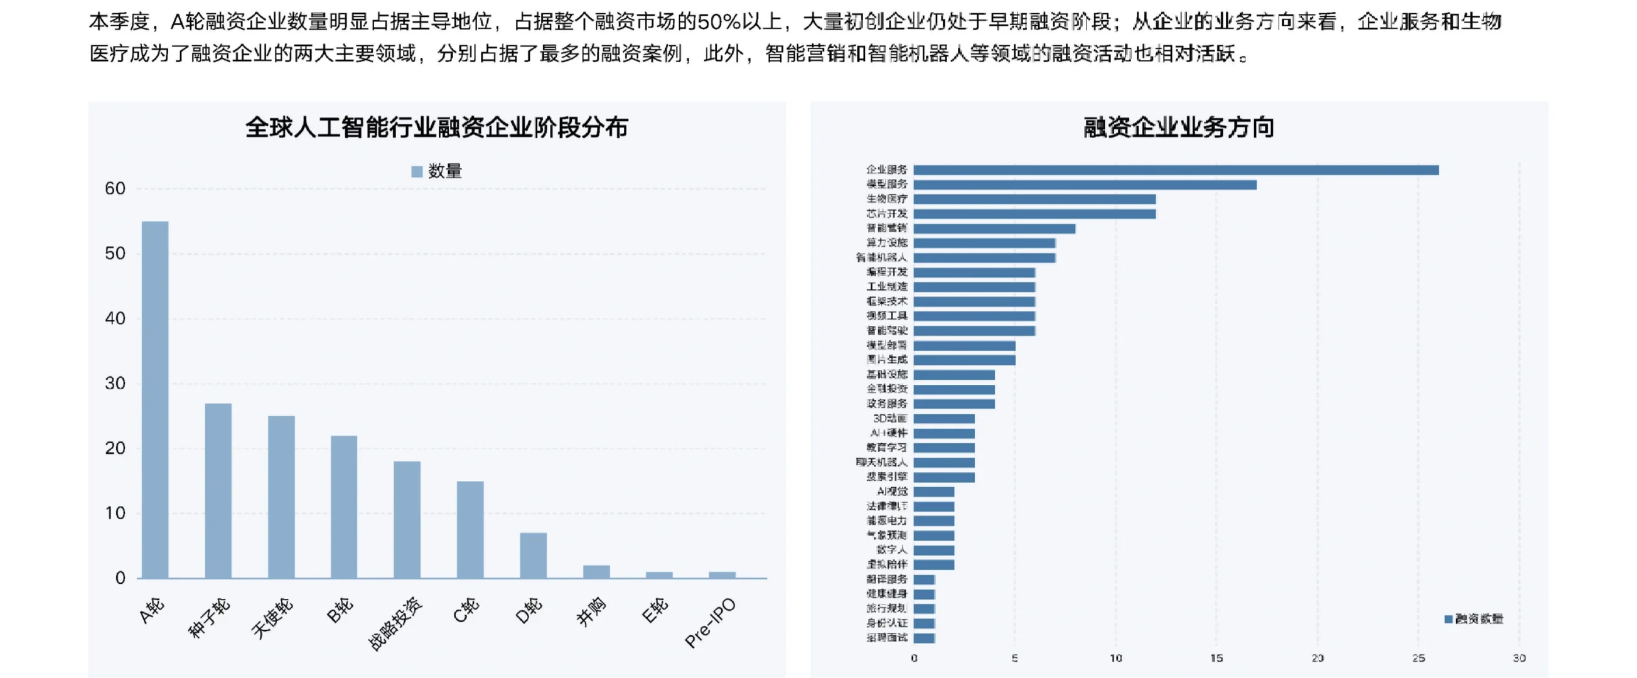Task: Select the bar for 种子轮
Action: coord(218,490)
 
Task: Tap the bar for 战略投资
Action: coord(407,519)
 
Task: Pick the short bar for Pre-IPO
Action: coord(722,574)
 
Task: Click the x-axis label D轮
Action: coord(529,611)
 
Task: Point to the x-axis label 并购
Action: coord(591,613)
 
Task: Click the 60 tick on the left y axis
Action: coord(115,189)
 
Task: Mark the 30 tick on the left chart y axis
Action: coord(115,383)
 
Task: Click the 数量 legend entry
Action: coord(437,171)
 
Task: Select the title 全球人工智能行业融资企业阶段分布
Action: coord(437,127)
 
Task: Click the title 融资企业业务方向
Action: coord(1179,127)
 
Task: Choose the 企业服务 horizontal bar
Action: coord(1176,170)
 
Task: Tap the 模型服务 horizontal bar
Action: coord(1085,185)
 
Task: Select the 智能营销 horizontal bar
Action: coord(994,229)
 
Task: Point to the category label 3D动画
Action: coord(889,419)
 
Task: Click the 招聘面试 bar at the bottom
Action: coord(924,638)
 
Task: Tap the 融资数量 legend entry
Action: coord(1474,619)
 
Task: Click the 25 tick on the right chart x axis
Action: coord(1419,659)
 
